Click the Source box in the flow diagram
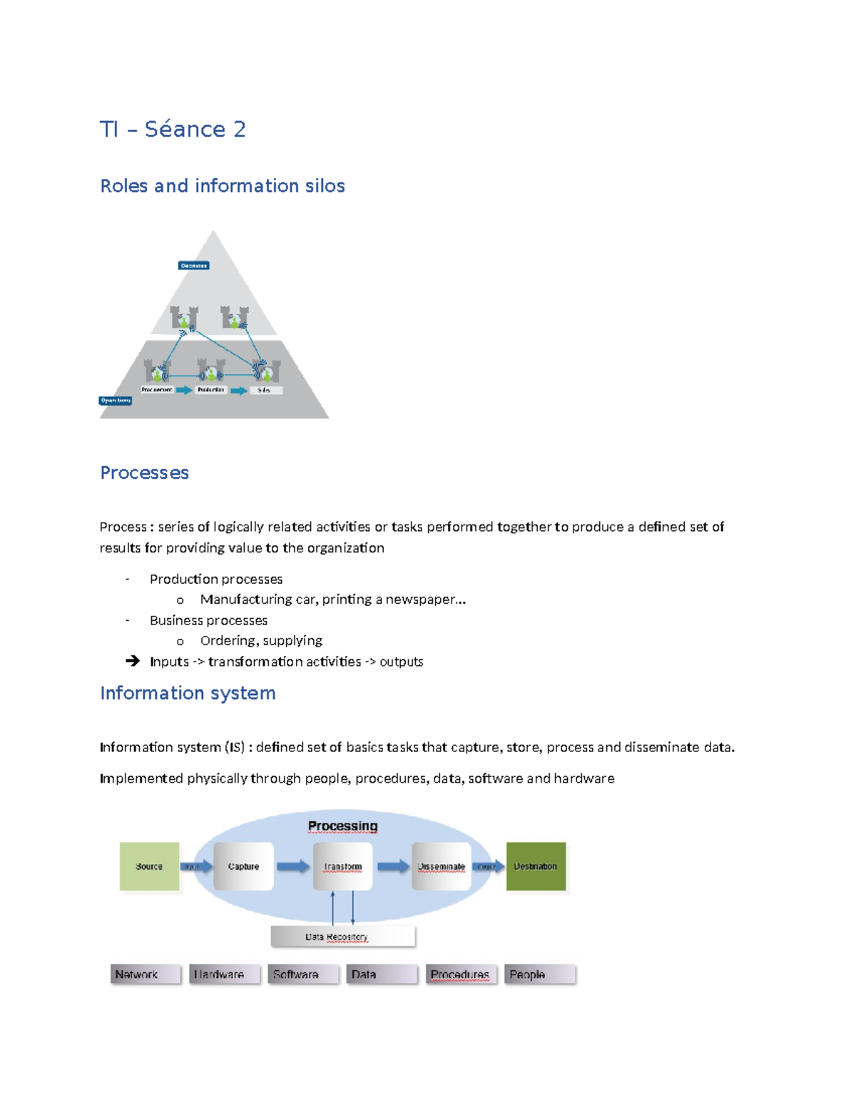click(149, 866)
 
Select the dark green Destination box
click(536, 866)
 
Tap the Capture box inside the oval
click(243, 866)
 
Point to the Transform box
click(342, 866)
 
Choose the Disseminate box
click(441, 866)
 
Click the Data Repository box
click(342, 937)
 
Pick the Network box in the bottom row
click(146, 974)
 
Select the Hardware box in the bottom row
click(224, 974)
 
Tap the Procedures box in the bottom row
click(461, 974)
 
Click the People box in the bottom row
click(539, 974)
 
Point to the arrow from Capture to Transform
click(293, 866)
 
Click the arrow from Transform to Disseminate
click(392, 866)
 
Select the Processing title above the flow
click(342, 826)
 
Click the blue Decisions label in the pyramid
click(193, 266)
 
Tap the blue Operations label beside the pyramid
click(116, 401)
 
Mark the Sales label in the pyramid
click(265, 390)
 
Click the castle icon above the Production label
click(211, 371)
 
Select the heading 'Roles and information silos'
click(223, 186)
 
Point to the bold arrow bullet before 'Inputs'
click(133, 661)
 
